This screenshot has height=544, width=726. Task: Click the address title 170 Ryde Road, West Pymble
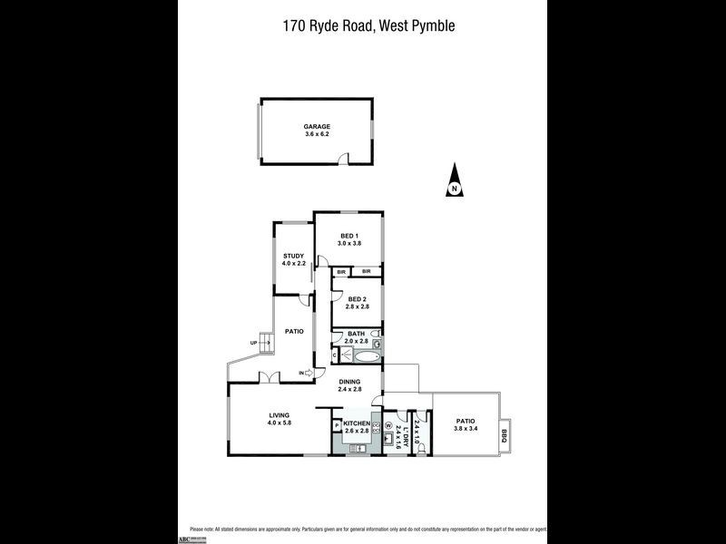coord(368,26)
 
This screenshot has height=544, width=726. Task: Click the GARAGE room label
coord(317,127)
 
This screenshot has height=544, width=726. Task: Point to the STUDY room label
coord(292,256)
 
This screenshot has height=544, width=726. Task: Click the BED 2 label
coord(356,299)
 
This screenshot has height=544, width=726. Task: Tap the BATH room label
coord(356,334)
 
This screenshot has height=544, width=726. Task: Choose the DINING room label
coord(350,382)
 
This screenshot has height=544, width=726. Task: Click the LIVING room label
coord(278,415)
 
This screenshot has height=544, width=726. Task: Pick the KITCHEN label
coord(356,423)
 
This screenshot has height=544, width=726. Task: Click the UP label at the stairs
coord(254,342)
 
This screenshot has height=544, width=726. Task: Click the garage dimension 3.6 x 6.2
coord(317,134)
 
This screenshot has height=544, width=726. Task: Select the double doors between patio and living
coord(267,377)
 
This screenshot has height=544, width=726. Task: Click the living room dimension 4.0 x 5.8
coord(278,423)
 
